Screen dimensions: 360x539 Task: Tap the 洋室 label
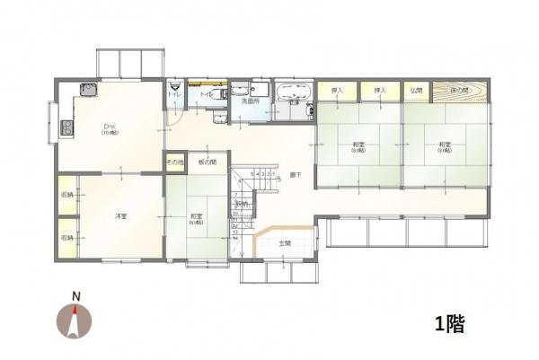(119, 216)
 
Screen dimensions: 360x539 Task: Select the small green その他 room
(174, 163)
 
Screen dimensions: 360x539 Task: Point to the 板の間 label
(208, 163)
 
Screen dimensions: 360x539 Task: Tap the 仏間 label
(416, 91)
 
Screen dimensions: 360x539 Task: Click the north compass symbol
(76, 321)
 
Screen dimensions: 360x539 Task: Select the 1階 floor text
(449, 322)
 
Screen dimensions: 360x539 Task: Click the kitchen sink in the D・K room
(88, 89)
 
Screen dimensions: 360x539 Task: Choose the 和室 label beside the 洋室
(195, 216)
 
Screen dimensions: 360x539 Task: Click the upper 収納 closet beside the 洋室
(67, 195)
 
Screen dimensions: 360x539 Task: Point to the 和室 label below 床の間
(445, 145)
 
